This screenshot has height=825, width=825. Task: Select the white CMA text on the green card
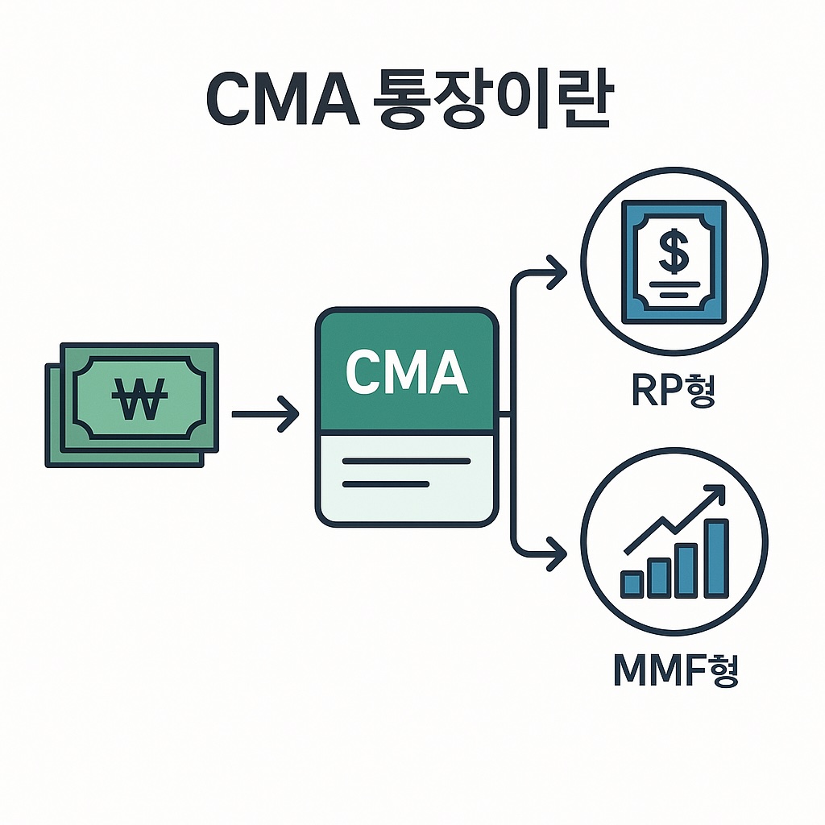(407, 371)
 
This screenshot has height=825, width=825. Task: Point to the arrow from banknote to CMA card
(266, 414)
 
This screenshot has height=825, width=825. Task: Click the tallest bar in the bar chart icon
(716, 558)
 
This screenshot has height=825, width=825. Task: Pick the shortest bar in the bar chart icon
(632, 584)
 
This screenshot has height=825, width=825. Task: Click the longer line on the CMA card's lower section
(406, 461)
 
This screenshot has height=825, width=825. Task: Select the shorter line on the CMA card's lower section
(385, 484)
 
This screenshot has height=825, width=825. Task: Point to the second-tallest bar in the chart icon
(687, 570)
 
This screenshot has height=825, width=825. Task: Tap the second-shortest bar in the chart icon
(660, 578)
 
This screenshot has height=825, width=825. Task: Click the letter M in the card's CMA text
(407, 371)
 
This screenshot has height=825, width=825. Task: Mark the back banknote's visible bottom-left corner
(48, 462)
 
